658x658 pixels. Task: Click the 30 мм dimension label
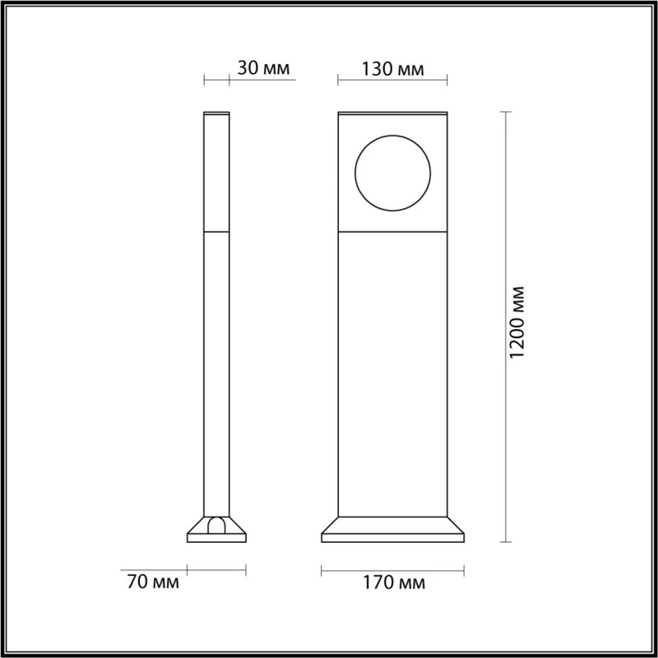264,68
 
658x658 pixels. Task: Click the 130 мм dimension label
392,68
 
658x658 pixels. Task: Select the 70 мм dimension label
154,583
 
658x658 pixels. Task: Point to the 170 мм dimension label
392,583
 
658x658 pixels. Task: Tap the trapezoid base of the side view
216,531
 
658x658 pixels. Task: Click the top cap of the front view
392,112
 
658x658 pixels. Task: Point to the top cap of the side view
216,112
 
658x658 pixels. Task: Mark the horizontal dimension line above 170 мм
392,568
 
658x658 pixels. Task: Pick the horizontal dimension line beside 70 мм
216,568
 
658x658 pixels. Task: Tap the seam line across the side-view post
216,233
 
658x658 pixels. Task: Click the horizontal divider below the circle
392,233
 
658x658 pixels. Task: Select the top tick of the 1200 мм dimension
504,110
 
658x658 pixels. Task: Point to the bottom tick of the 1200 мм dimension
504,541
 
